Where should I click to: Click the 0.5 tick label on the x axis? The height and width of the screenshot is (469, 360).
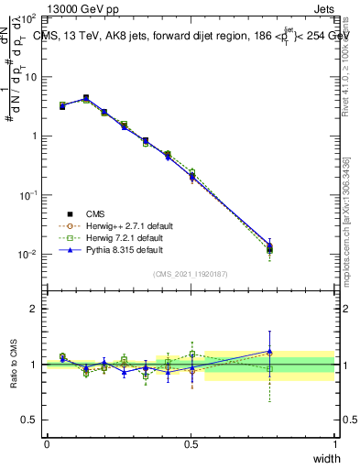click(191, 444)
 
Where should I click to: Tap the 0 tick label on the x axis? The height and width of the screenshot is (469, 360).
click(47, 444)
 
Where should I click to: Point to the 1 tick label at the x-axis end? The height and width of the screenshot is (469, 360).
click(335, 444)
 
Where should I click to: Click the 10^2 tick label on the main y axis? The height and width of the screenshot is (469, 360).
click(28, 18)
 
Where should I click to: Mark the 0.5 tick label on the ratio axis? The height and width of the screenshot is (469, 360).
click(30, 420)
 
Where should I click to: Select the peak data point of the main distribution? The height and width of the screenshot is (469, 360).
click(86, 98)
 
